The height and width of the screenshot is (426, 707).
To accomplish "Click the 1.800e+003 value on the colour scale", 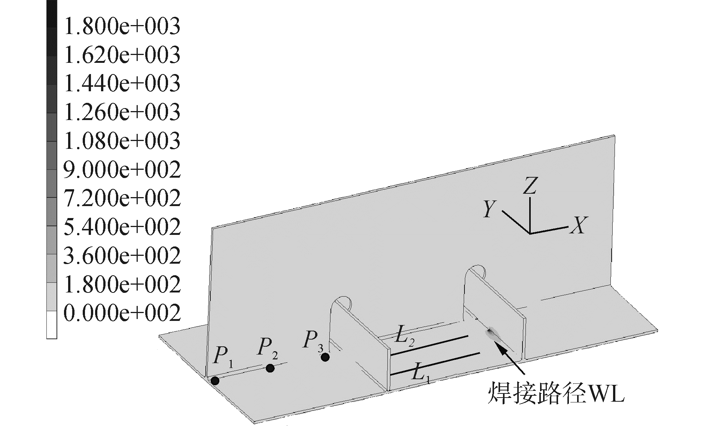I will pyautogui.click(x=122, y=26).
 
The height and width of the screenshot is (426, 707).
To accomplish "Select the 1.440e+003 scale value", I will pyautogui.click(x=122, y=83).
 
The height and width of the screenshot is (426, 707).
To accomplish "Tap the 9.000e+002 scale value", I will pyautogui.click(x=122, y=169).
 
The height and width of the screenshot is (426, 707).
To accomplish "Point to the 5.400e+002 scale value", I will pyautogui.click(x=122, y=227).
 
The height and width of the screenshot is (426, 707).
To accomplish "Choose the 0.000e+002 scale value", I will pyautogui.click(x=122, y=313).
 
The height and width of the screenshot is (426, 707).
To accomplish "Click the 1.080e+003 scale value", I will pyautogui.click(x=122, y=141).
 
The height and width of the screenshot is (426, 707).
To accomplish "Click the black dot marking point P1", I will pyautogui.click(x=215, y=381).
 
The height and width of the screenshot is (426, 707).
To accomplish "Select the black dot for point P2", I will pyautogui.click(x=270, y=368).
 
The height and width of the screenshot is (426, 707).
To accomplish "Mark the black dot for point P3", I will pyautogui.click(x=325, y=357).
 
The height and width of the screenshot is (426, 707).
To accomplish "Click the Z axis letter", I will pyautogui.click(x=530, y=186).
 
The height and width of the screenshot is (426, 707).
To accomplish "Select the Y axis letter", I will pyautogui.click(x=489, y=209).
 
